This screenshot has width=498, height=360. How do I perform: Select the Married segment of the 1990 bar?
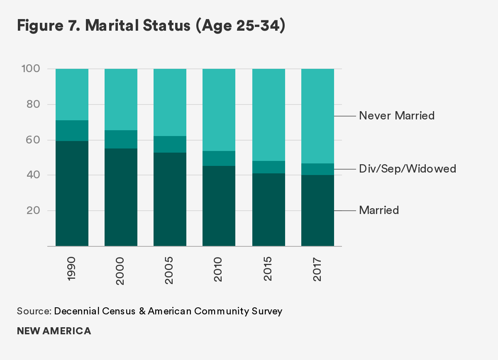pyautogui.click(x=72, y=193)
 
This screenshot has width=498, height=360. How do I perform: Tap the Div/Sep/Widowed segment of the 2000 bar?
pyautogui.click(x=121, y=139)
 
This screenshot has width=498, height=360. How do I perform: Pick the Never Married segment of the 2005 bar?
pyautogui.click(x=170, y=102)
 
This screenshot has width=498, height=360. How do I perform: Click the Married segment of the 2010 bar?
pyautogui.click(x=219, y=206)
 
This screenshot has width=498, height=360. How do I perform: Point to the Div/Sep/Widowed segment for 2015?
pyautogui.click(x=269, y=167)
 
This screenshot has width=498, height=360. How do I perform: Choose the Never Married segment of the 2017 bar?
pyautogui.click(x=317, y=116)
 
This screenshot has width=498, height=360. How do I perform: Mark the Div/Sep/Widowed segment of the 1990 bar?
pyautogui.click(x=72, y=131)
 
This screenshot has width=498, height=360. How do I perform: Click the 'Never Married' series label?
pyautogui.click(x=397, y=116)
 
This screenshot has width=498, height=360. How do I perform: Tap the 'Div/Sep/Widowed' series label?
pyautogui.click(x=407, y=169)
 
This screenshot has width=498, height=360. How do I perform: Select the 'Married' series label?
pyautogui.click(x=379, y=210)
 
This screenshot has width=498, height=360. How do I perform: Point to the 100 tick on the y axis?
pyautogui.click(x=30, y=68)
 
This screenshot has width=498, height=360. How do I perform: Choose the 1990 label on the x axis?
pyautogui.click(x=72, y=270)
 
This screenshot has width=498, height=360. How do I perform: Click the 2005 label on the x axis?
pyautogui.click(x=170, y=270)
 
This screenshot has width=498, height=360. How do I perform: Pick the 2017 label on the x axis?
pyautogui.click(x=317, y=270)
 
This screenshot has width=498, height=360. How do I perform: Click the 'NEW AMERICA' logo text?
pyautogui.click(x=54, y=331)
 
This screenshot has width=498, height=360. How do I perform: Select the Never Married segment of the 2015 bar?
pyautogui.click(x=269, y=115)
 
